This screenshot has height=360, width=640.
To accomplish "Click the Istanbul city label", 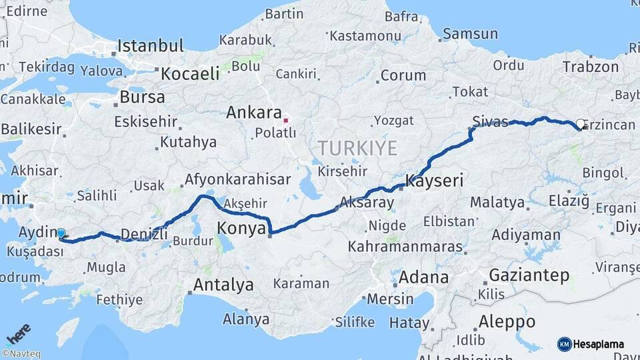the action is pos(150,46).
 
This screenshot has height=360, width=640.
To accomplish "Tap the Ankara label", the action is pos(253,113).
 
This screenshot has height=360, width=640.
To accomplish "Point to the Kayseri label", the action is pos(434,181).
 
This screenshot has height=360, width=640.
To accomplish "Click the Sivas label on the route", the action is pos(490,121).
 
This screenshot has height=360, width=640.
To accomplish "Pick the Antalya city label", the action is pos(223,285).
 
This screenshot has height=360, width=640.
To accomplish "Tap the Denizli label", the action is pos(144,234).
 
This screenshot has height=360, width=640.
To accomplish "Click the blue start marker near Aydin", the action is pos(61,233).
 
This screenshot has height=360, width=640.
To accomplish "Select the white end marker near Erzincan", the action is pos(581,124).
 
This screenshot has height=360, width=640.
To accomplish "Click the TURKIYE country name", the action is pos(357,148).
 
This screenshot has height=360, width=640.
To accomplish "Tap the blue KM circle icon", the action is pos(564,344).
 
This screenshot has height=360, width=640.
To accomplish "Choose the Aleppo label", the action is pos(507,322).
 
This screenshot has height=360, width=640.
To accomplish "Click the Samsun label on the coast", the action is pos(470,33).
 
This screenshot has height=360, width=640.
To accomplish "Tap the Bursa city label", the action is pos(142,97).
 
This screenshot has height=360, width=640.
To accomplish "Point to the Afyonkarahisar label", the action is pos(237,179).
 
